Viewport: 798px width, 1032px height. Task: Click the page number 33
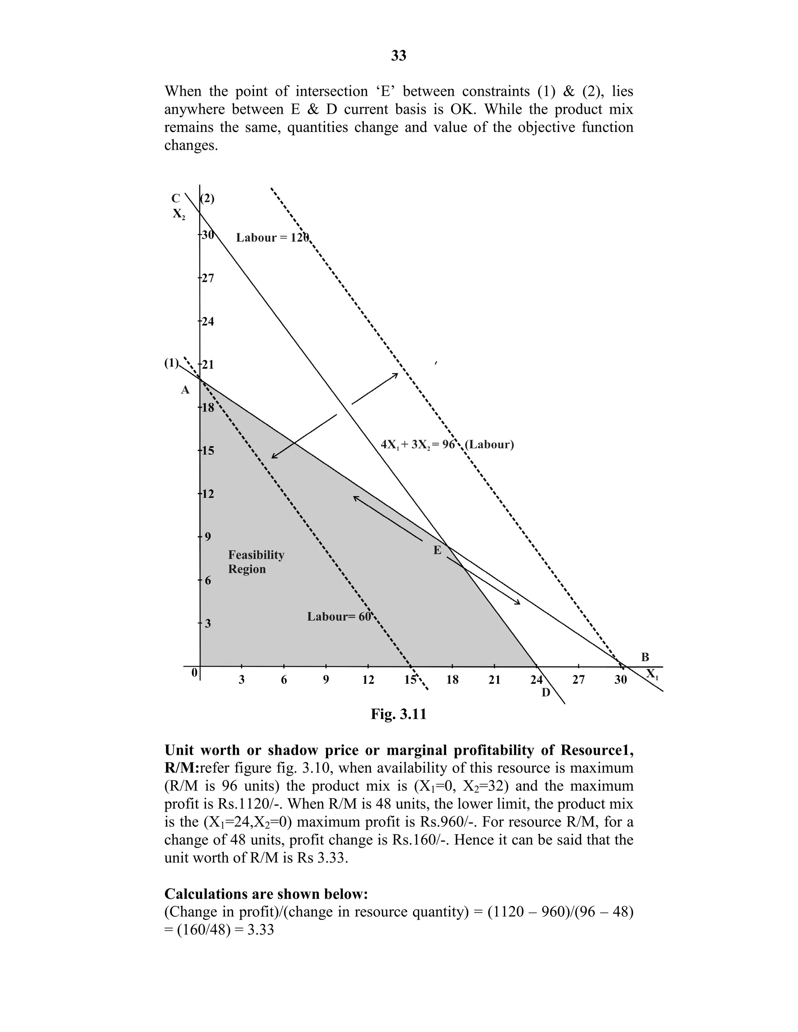click(x=399, y=56)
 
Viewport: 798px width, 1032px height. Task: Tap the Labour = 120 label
click(x=272, y=237)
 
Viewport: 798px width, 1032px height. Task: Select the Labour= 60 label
click(x=339, y=616)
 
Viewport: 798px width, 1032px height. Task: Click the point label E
click(x=437, y=550)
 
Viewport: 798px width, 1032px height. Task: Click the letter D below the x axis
click(x=546, y=693)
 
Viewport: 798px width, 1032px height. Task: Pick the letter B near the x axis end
click(x=645, y=657)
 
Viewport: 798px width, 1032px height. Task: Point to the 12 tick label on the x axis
click(x=368, y=680)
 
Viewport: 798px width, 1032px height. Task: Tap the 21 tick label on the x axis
click(x=494, y=680)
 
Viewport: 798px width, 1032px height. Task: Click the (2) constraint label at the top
click(x=208, y=199)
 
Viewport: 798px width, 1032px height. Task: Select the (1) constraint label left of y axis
click(x=171, y=363)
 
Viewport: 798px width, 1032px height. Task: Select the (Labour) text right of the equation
click(x=489, y=445)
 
